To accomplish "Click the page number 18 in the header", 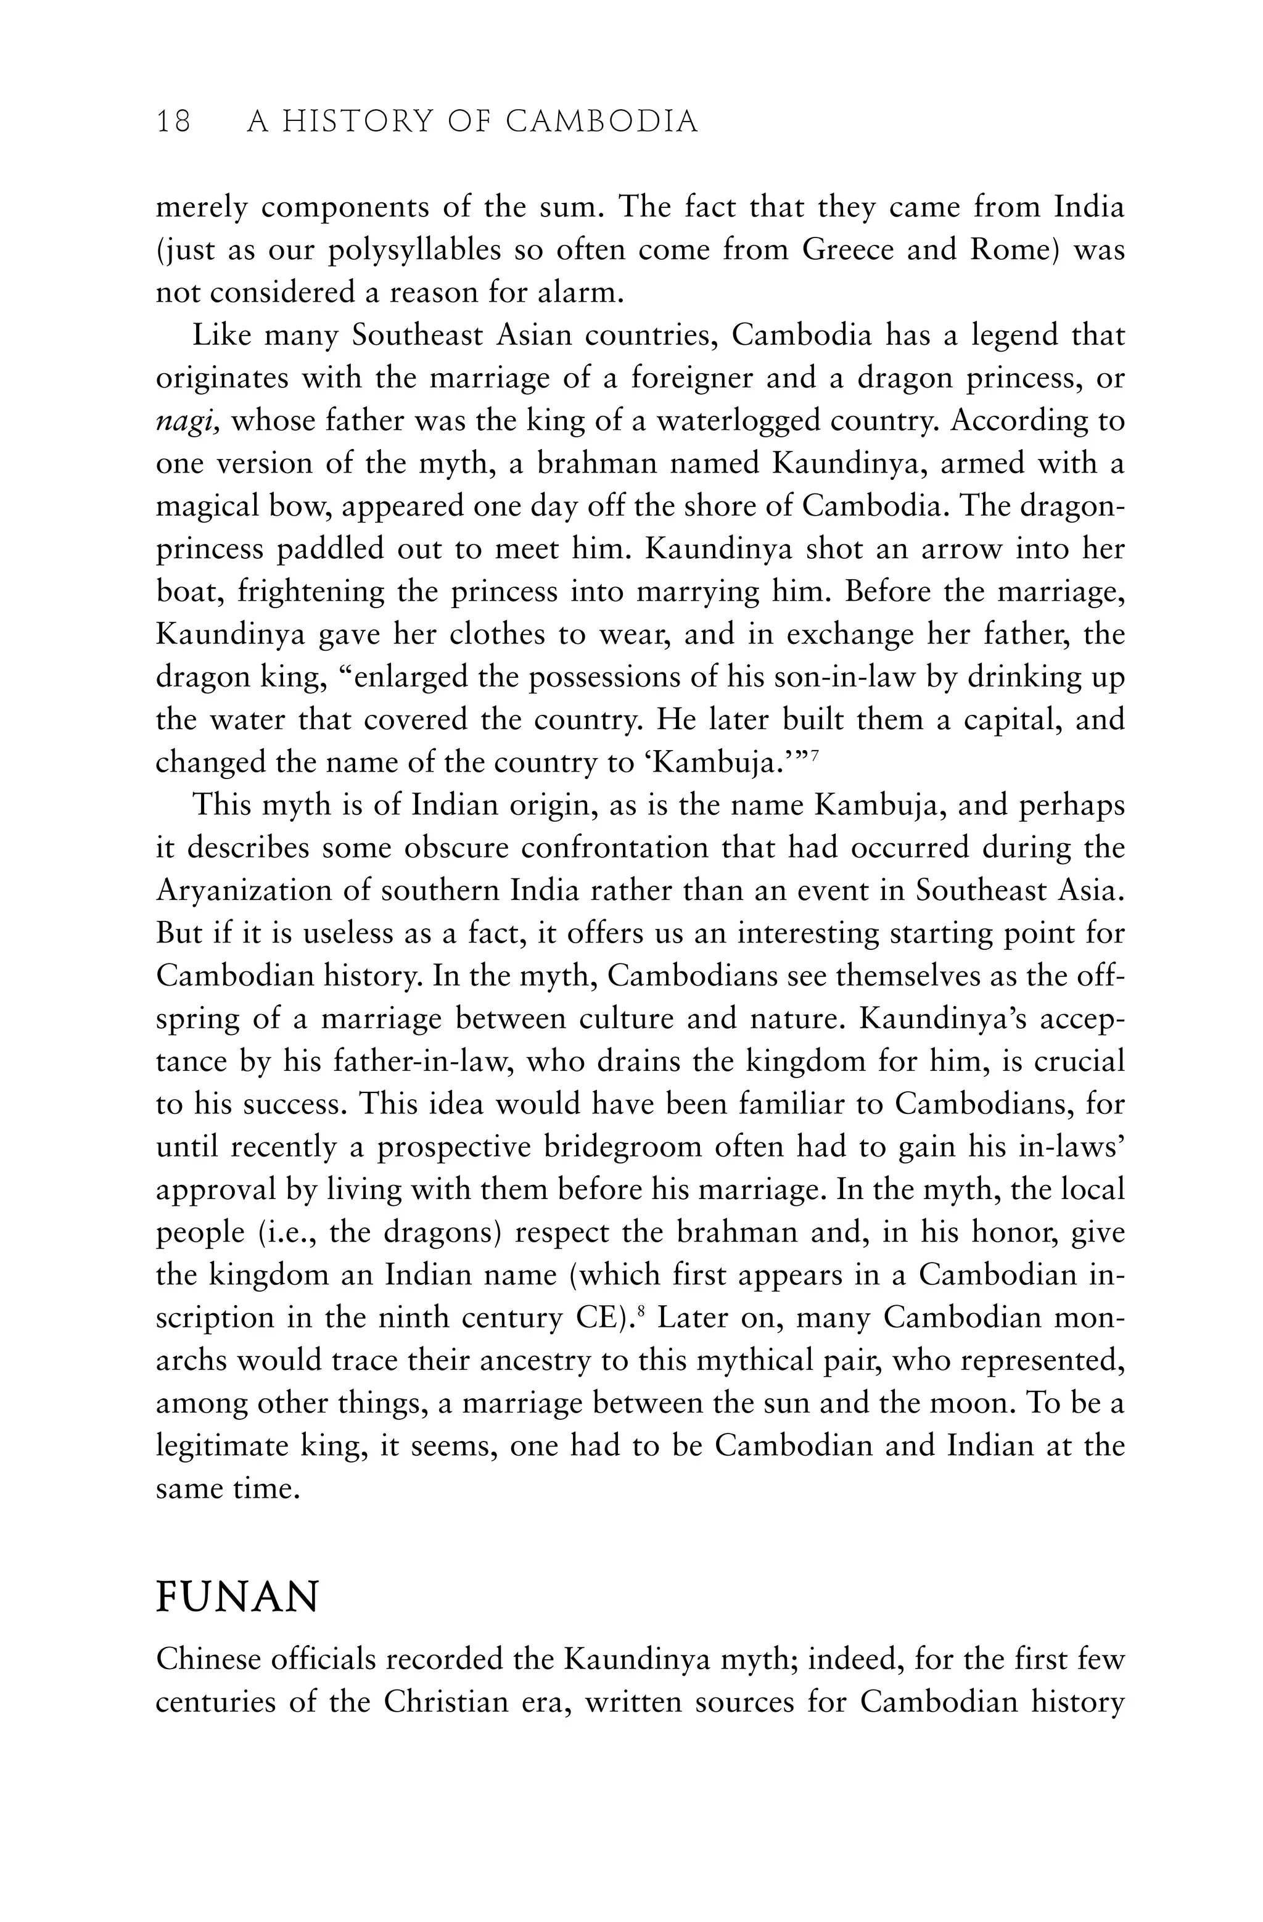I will click(174, 122).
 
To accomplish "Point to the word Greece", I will click(848, 250).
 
